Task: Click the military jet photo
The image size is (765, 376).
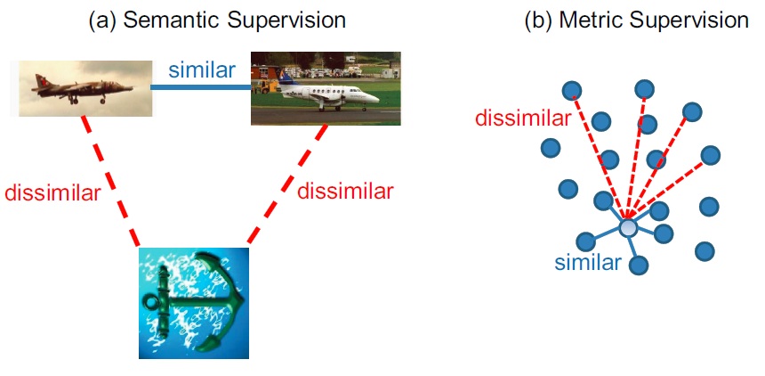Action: [x=85, y=88]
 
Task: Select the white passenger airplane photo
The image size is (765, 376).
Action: [x=326, y=88]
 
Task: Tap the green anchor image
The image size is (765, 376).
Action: [x=194, y=303]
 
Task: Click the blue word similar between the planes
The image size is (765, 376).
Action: [x=202, y=70]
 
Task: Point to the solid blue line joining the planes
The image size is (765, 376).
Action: [x=202, y=87]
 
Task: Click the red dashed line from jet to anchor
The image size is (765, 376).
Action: [x=111, y=181]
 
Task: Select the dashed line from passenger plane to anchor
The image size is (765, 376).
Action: [x=286, y=184]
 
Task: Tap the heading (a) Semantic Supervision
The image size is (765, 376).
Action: [x=217, y=20]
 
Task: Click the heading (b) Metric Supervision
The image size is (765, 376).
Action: [x=636, y=20]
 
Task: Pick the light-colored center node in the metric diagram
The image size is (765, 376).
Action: [x=628, y=227]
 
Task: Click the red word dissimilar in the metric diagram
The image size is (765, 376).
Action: [x=522, y=119]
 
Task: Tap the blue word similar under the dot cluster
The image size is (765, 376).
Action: [x=588, y=263]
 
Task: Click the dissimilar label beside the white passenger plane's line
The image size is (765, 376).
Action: [x=345, y=192]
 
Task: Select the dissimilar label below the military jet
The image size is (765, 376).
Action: [x=52, y=193]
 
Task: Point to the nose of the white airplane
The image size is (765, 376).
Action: [x=376, y=98]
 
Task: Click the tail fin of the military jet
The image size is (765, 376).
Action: [x=41, y=81]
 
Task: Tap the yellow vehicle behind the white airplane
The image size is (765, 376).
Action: [x=266, y=86]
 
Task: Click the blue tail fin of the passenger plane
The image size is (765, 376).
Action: [x=286, y=78]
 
